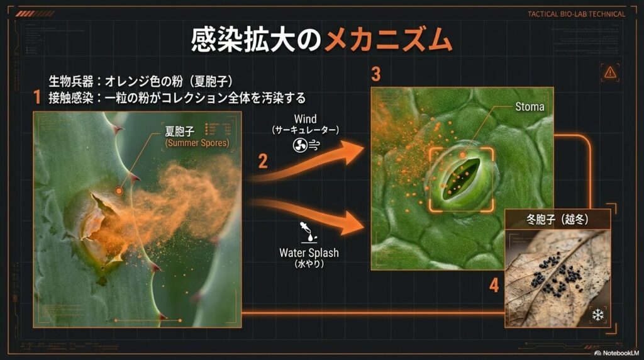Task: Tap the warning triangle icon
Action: point(609,72)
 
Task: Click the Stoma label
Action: point(529,106)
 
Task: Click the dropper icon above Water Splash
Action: point(309,231)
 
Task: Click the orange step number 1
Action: point(38,98)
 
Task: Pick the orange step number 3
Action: point(376,75)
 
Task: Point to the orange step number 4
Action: point(494,286)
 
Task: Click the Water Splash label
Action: point(309,253)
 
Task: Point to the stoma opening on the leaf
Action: point(462,176)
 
